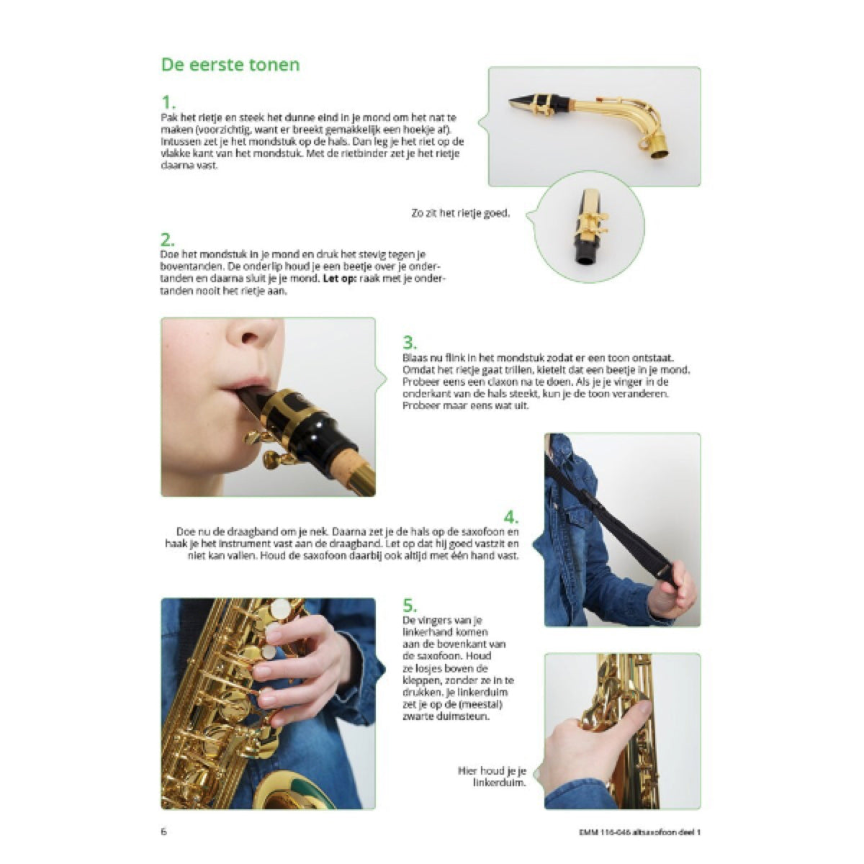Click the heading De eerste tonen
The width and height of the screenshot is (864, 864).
(230, 65)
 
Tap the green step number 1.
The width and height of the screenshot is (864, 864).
(168, 103)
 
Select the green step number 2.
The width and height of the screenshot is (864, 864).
(168, 240)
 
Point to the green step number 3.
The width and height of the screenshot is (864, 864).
(410, 343)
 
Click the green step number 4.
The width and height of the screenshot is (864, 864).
(511, 518)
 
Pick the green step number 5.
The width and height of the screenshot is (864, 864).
(410, 606)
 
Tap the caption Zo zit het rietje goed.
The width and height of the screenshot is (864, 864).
(461, 213)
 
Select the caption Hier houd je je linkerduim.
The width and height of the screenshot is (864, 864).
(492, 777)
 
